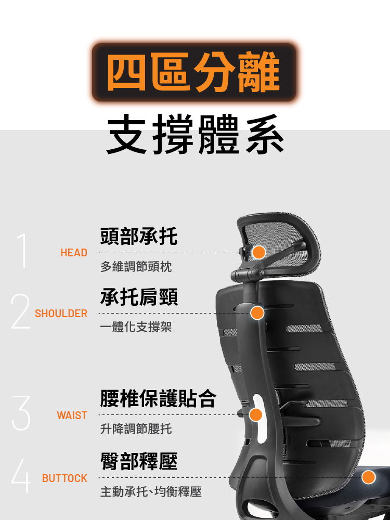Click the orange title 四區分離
coord(194,73)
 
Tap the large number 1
coord(21,251)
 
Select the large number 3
coord(20,413)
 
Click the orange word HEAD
coord(74,253)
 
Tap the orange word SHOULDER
coord(61,314)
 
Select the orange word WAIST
coord(72,415)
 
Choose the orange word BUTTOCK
coord(65,478)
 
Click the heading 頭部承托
coord(139,237)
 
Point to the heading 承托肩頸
coord(139,297)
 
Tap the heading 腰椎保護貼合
coord(158,398)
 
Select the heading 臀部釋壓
coord(139,461)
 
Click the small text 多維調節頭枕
coord(136,267)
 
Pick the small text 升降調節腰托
coord(136,430)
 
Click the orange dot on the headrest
coord(259,253)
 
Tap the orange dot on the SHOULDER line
coord(257,313)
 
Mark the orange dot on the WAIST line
coord(255,415)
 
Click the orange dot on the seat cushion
coord(369,477)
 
